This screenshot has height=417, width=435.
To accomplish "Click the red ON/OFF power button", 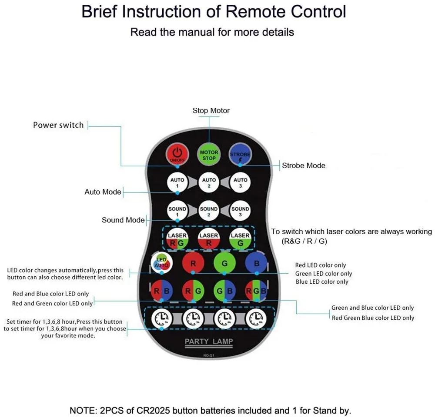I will click(177, 154).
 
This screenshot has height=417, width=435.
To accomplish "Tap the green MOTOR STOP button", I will click(209, 155).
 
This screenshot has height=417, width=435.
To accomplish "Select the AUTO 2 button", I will click(209, 182).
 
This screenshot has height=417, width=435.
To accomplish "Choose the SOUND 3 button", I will click(240, 212).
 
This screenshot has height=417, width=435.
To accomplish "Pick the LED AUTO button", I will click(161, 263).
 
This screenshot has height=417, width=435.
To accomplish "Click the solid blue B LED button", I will click(256, 263).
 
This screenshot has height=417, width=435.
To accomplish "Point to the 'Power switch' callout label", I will click(58, 125).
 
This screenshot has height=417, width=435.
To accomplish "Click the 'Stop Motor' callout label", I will click(211, 110).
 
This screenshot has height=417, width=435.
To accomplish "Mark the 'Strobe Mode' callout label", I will click(304, 165).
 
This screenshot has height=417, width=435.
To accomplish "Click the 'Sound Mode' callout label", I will click(123, 220).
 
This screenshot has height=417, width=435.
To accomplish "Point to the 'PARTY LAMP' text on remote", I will click(209, 341).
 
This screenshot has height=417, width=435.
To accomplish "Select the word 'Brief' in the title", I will click(100, 12).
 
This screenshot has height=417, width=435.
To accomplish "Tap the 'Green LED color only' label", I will click(324, 274).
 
